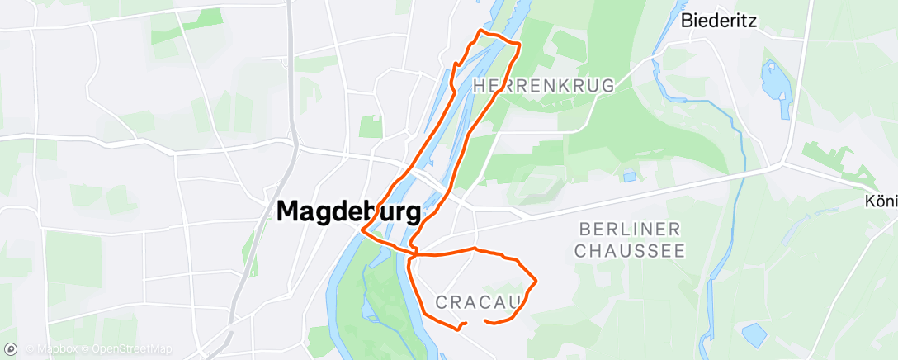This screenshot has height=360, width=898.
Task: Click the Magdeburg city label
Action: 348,212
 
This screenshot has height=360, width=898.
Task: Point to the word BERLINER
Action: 630,229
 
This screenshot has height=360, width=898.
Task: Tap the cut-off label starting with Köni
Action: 881,201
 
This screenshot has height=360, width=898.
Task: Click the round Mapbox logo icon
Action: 12,348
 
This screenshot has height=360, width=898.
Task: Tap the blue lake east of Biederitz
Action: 776,83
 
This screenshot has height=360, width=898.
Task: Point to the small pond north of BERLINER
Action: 630,176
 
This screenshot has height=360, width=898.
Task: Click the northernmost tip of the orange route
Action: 481,31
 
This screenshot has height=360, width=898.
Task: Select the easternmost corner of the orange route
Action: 536,282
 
